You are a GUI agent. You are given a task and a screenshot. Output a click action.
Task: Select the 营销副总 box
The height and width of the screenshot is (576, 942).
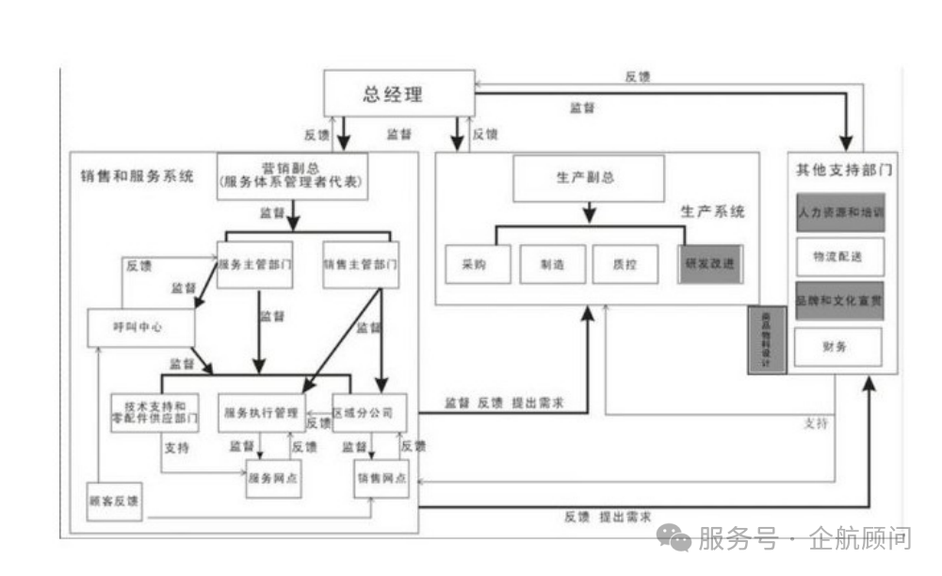pyautogui.click(x=292, y=175)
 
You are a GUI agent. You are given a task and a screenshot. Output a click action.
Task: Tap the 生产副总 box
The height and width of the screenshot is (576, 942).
pyautogui.click(x=588, y=177)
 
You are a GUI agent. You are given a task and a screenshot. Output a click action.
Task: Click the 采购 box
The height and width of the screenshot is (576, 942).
pyautogui.click(x=479, y=264)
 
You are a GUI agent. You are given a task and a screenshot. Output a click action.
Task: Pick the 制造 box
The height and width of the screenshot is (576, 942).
pyautogui.click(x=552, y=264)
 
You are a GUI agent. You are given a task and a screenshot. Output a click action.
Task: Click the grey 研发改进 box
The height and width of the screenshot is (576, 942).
pyautogui.click(x=710, y=264)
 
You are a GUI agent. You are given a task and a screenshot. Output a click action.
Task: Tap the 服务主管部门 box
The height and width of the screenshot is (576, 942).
pyautogui.click(x=254, y=265)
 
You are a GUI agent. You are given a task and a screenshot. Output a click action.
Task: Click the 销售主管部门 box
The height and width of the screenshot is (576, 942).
pyautogui.click(x=360, y=265)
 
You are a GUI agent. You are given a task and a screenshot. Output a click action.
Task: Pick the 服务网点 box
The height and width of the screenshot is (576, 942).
pyautogui.click(x=273, y=478)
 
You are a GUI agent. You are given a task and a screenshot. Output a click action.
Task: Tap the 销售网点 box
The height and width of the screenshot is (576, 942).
pyautogui.click(x=381, y=478)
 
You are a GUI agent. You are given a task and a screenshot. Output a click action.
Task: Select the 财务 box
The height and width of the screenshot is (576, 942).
pyautogui.click(x=838, y=347)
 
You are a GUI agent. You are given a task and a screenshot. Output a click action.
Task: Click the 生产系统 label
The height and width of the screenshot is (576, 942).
pyautogui.click(x=712, y=211)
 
